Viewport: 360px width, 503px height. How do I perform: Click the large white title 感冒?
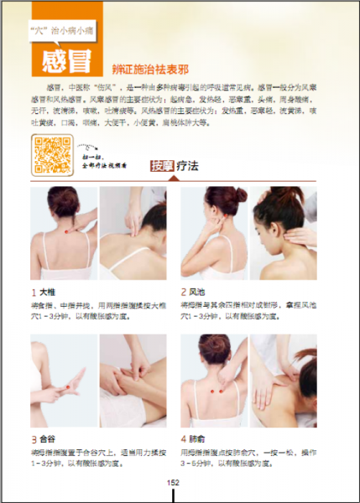70,58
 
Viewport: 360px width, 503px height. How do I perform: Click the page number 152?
174,482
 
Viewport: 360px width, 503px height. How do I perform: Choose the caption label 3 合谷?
44,438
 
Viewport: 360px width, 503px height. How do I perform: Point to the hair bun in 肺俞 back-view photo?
217,345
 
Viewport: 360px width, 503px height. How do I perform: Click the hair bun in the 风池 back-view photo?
217,197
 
